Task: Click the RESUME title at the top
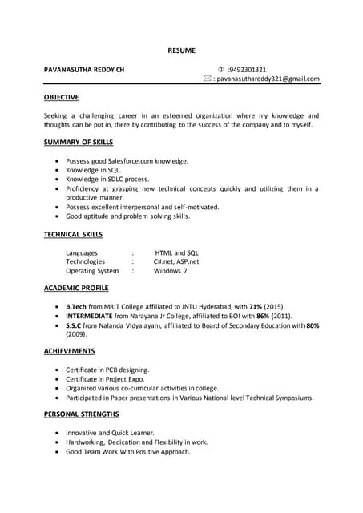point(181,50)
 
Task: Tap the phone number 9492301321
point(248,70)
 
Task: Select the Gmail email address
point(268,79)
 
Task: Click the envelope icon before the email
point(207,79)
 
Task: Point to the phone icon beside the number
point(221,70)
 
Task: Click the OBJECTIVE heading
point(61,97)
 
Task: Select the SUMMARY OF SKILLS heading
point(79,142)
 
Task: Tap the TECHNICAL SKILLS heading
point(73,234)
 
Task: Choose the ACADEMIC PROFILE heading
point(76,288)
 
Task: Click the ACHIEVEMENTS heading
point(70,351)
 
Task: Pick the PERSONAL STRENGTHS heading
point(82,414)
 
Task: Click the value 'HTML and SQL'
point(176,252)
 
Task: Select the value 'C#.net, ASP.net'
point(176,261)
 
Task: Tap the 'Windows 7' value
point(171,271)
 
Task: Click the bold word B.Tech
point(76,307)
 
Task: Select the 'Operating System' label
point(92,271)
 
